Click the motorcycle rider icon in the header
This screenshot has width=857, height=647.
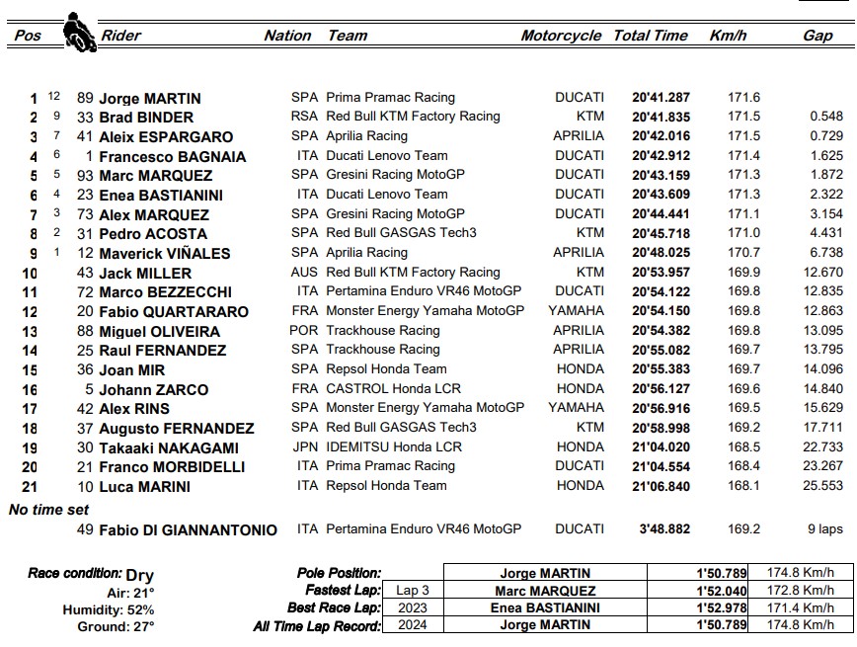coord(78,31)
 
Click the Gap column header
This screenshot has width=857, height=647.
coord(818,36)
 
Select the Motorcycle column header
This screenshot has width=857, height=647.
coord(561,36)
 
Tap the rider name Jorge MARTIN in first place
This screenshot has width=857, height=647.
coord(149,98)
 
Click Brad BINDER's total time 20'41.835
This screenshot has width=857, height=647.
coord(661,117)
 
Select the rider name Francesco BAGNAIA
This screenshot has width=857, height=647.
coord(172,156)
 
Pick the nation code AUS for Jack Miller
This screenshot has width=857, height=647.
coord(304,272)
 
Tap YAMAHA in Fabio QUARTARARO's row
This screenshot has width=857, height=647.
coord(576,311)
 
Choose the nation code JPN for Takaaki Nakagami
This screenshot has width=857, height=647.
coord(304,446)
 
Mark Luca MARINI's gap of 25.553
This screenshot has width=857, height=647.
coord(822,485)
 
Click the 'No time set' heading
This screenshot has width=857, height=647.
coord(48,510)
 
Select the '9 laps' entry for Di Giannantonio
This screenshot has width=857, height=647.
coord(824,528)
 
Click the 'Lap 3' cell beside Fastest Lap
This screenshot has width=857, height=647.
coord(412,590)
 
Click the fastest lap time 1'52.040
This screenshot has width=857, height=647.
coord(722,590)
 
